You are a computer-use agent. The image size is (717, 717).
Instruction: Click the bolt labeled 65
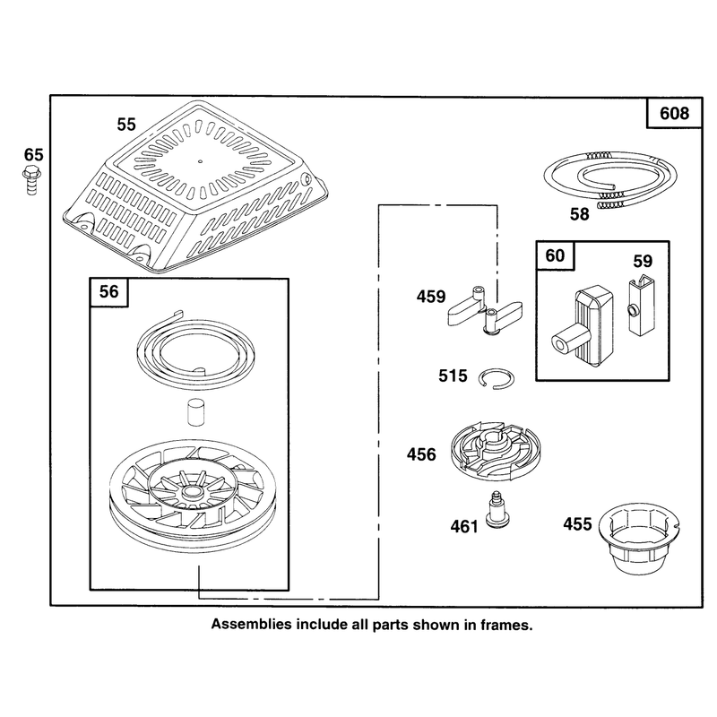pos(31,181)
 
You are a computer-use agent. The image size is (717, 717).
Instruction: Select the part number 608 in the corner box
pos(674,113)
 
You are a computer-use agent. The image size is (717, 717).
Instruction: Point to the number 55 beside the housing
pos(126,125)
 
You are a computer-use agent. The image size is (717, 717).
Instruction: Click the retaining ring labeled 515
pos(497,378)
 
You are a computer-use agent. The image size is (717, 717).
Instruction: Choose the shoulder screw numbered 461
pos(495,509)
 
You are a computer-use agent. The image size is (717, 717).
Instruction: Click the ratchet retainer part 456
pos(496,451)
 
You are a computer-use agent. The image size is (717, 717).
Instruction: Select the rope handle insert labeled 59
pos(640,304)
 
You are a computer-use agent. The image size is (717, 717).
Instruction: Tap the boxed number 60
pos(555,255)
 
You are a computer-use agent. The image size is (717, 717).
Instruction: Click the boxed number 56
pos(108,291)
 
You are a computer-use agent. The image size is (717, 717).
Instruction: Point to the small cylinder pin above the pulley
pos(194,412)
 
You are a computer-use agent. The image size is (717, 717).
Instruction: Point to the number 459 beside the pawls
pos(431,297)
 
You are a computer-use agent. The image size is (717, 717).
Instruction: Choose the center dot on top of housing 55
pos(200,161)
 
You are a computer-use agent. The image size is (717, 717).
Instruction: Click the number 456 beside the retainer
pos(421,454)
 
